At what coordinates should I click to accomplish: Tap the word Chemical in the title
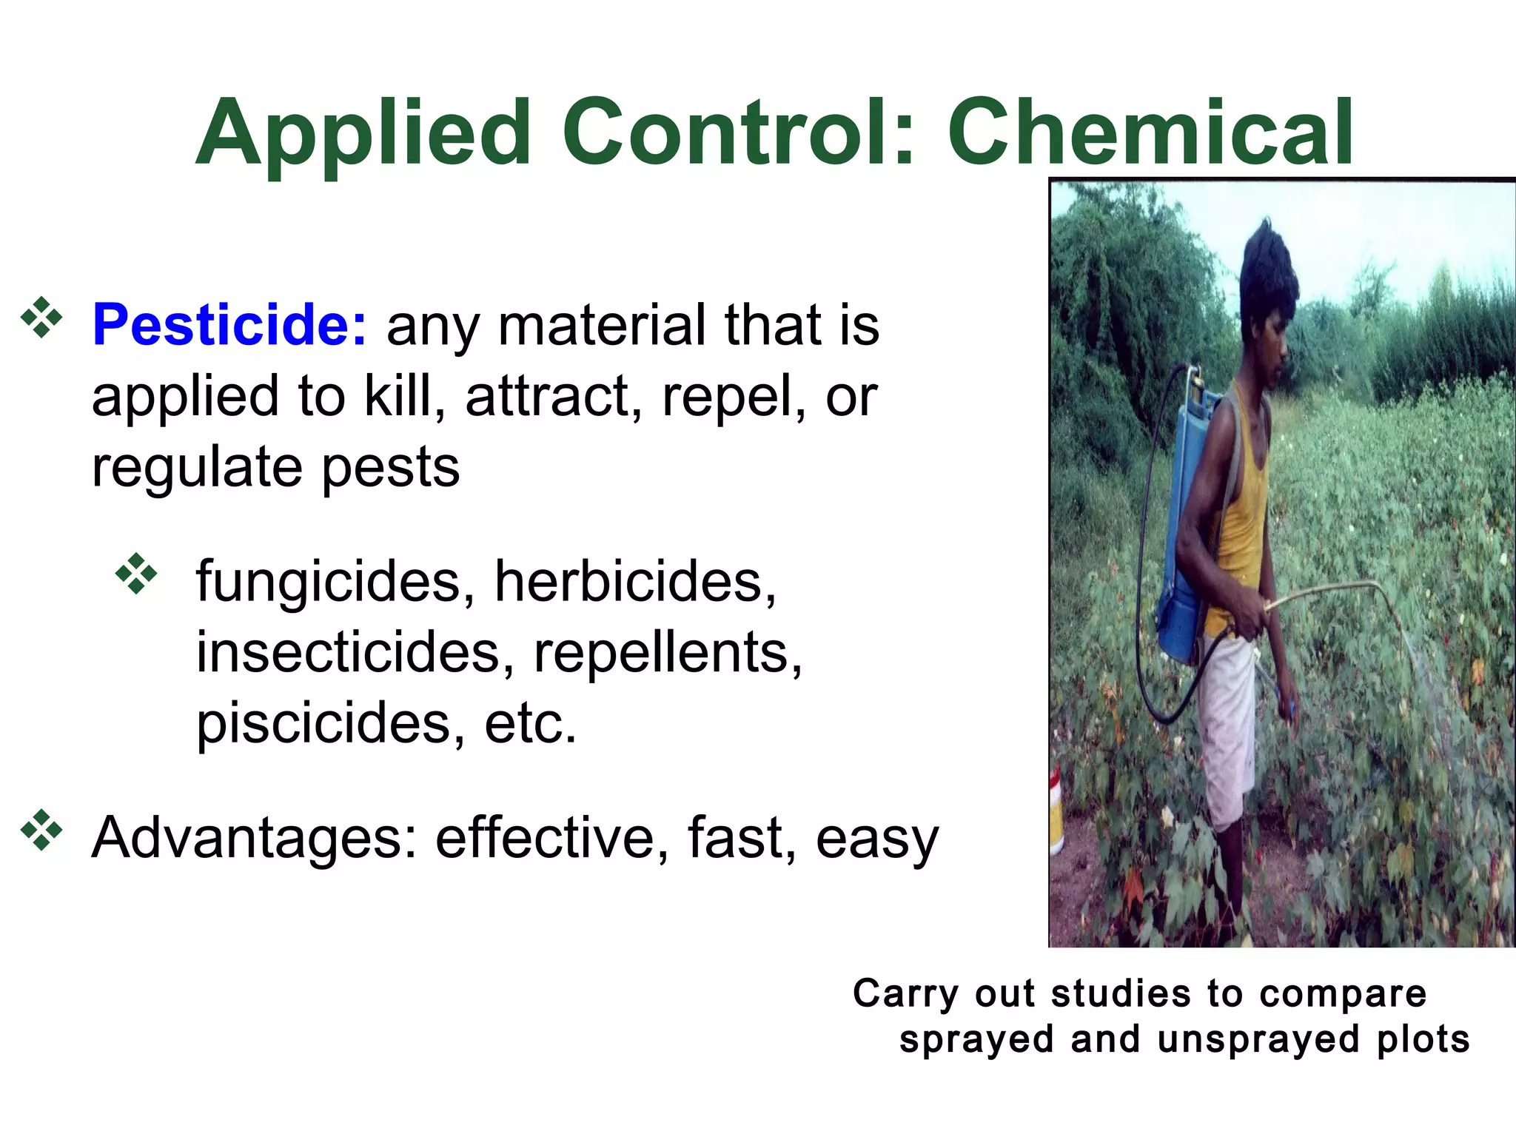[x=1150, y=133]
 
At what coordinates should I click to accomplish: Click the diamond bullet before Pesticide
[x=42, y=318]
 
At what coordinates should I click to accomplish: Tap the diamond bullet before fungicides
[x=137, y=573]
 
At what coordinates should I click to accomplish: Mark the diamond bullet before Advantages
[x=42, y=830]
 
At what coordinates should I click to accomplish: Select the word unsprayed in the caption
[x=1258, y=1039]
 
